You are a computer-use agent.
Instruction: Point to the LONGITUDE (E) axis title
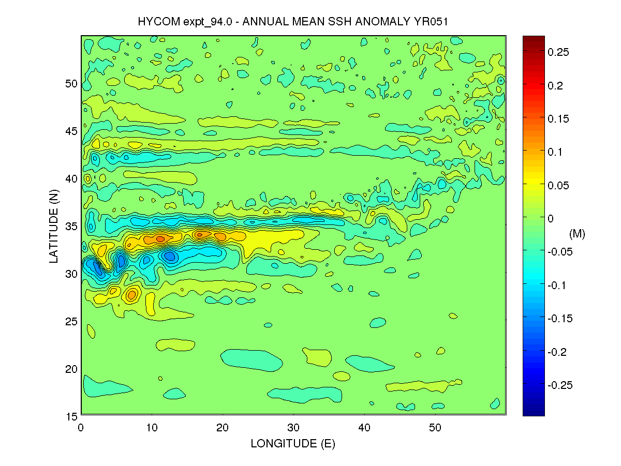293,444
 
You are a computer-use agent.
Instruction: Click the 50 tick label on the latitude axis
71,84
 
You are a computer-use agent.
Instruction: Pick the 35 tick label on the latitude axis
71,226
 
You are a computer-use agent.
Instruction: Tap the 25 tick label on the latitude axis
71,321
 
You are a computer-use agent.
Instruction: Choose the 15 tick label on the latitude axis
71,416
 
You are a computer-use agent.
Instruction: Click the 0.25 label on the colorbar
559,52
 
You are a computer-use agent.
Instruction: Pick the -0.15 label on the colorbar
560,319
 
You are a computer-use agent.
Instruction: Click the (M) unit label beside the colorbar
576,234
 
